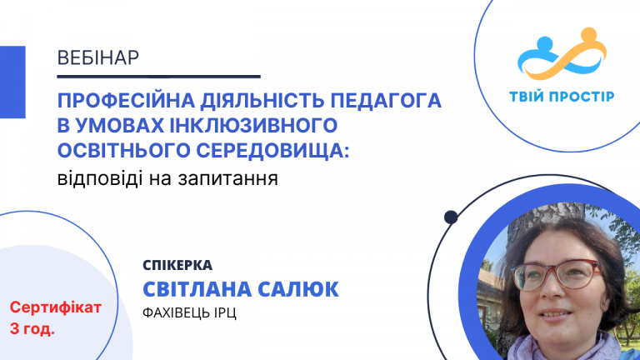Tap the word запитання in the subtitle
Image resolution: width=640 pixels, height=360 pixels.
coord(236,178)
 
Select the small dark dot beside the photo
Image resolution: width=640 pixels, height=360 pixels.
coord(451,217)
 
